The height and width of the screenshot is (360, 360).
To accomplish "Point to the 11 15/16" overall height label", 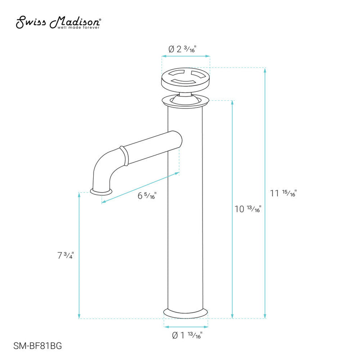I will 283,193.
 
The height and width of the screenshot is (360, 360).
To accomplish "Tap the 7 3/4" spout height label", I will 65,255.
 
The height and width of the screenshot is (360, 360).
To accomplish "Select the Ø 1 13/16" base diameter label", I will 186,335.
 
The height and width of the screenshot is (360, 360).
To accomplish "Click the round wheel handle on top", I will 186,78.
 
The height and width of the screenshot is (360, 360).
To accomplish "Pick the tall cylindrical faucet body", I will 186,216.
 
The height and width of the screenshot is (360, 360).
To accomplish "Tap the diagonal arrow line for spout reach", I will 140,187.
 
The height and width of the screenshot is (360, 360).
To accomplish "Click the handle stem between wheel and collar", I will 186,93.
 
